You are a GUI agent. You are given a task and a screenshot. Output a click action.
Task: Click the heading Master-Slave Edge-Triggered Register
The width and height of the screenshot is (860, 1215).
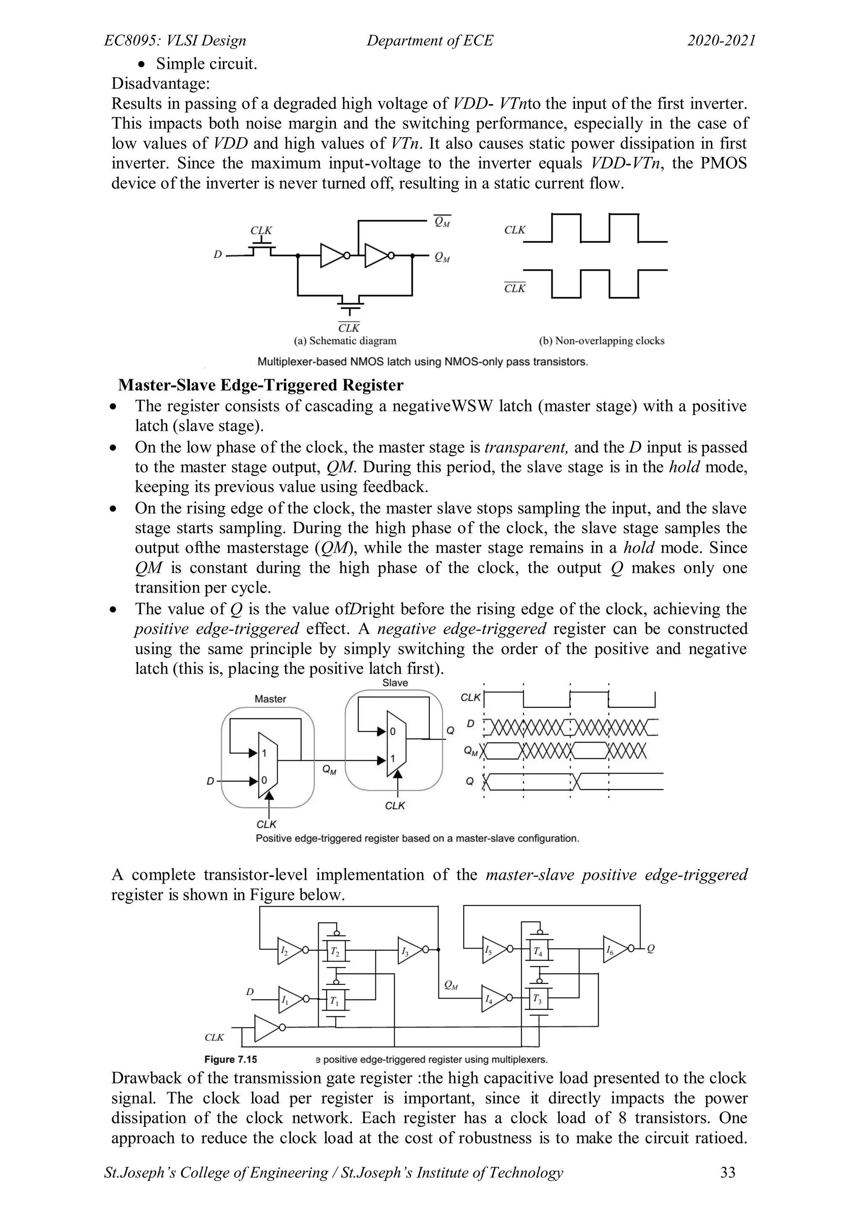coord(260,385)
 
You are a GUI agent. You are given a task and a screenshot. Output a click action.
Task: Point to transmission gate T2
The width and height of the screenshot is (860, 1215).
coord(335,950)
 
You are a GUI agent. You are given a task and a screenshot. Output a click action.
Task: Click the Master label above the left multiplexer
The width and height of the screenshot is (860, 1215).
coord(270,699)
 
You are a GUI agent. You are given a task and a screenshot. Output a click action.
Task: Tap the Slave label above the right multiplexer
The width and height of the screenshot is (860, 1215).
coord(395,683)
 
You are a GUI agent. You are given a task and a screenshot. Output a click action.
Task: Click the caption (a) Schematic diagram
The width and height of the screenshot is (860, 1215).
coord(345,341)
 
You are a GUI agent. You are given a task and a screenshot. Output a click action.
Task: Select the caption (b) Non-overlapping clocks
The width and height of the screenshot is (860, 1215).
coord(602,341)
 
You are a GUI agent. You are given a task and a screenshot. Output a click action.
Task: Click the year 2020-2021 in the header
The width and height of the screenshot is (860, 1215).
coord(721,41)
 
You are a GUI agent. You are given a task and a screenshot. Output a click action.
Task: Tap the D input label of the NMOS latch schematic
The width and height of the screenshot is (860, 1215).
coord(217,255)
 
